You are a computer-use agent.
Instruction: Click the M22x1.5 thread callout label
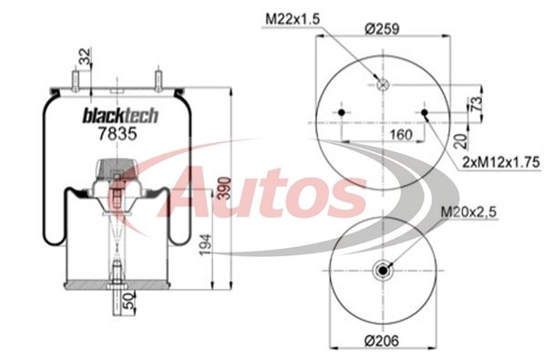(293, 19)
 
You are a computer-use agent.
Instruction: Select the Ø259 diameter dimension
(382, 28)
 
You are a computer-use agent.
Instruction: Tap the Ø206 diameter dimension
(382, 341)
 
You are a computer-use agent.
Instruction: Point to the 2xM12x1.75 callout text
(502, 162)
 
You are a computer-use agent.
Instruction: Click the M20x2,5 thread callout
(468, 211)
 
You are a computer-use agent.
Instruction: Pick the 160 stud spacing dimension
(401, 134)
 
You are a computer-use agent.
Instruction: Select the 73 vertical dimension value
(476, 102)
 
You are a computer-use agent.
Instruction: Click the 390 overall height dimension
(225, 188)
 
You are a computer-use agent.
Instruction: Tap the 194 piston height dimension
(205, 245)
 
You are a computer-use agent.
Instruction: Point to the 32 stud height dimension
(85, 57)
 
